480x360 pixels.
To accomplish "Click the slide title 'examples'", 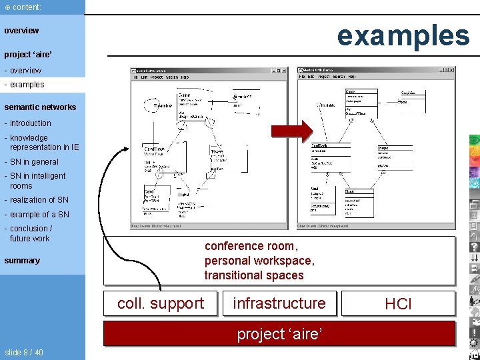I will (x=403, y=35).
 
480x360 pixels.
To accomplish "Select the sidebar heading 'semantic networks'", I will (x=40, y=107).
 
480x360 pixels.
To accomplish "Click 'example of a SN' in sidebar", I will (x=38, y=215).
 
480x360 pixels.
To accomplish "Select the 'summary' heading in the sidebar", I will (x=22, y=261).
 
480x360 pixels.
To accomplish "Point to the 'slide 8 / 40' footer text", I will (x=24, y=352).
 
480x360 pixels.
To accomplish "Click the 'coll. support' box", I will (x=161, y=304).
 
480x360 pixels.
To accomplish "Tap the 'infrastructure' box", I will (x=279, y=304).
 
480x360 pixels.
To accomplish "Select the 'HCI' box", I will (x=398, y=305).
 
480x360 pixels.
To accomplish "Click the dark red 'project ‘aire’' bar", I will (x=279, y=333).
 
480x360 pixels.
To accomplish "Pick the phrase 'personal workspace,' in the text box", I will (x=259, y=261).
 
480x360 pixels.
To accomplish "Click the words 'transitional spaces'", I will (x=254, y=275).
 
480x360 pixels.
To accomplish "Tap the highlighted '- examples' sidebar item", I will (x=25, y=85).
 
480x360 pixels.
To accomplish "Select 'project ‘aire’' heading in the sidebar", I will (x=28, y=54).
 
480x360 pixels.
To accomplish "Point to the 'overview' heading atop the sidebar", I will (x=21, y=31).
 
